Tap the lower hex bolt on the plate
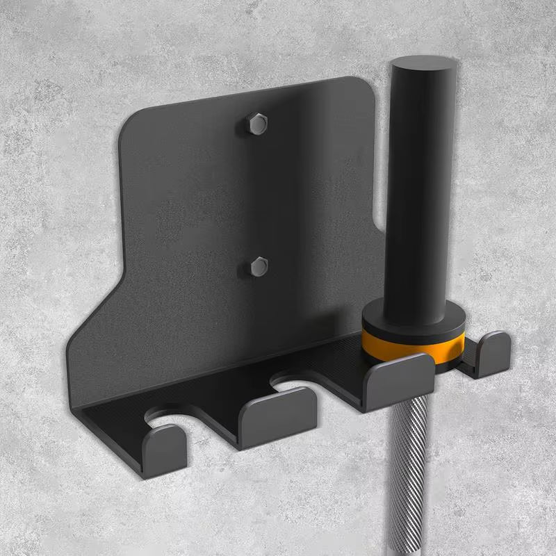coord(259,265)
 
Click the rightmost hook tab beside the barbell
coord(492,351)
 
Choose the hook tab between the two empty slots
coord(278,416)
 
